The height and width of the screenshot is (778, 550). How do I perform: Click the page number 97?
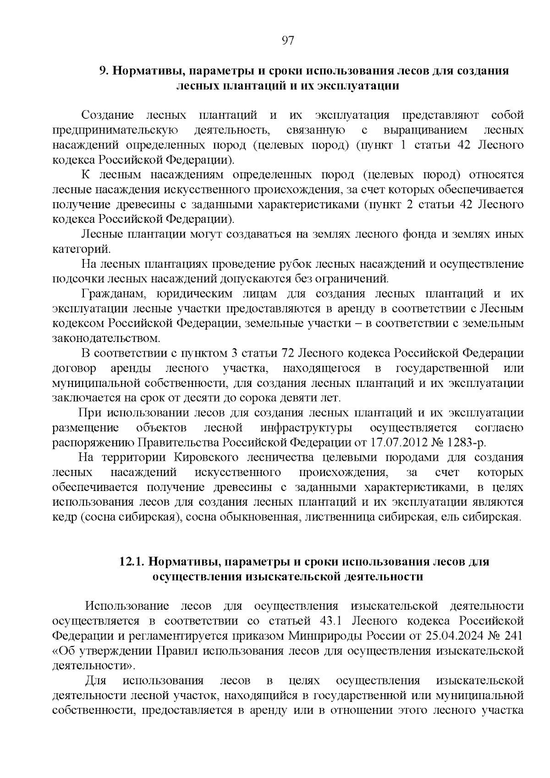click(287, 40)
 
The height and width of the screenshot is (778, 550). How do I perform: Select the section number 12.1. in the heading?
click(132, 562)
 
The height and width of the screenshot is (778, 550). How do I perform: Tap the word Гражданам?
click(114, 294)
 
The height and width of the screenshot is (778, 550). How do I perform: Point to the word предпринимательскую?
click(115, 131)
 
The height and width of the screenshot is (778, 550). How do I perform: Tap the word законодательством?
click(106, 338)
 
